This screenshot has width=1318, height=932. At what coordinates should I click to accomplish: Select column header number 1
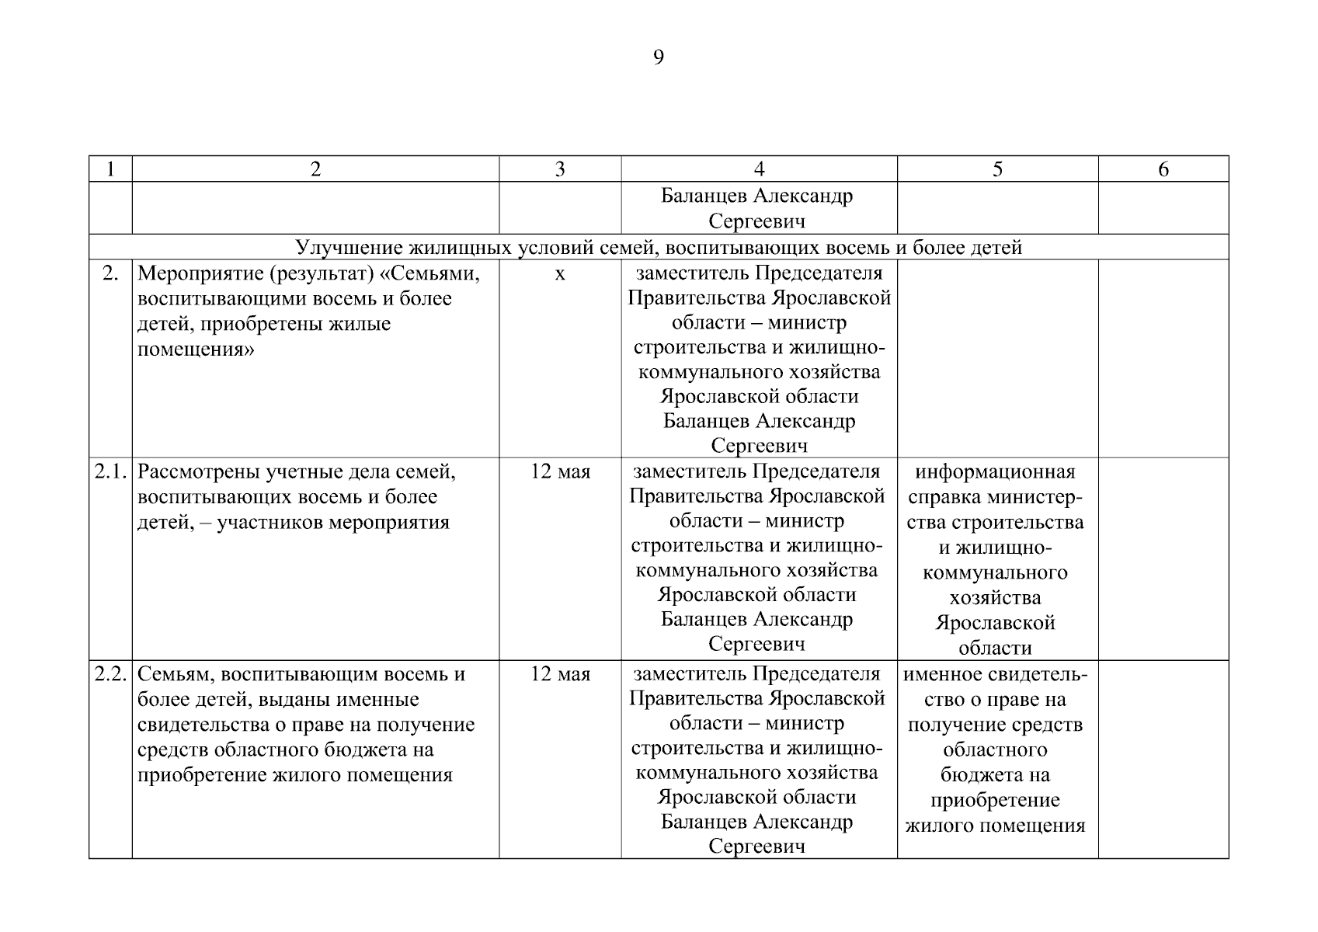pos(110,169)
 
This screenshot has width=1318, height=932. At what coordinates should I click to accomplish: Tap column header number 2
pos(315,169)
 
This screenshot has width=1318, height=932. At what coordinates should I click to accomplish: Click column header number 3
pos(560,169)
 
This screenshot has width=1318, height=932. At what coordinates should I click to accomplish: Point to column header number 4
pos(759,169)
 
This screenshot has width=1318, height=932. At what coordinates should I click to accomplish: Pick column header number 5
pos(997,169)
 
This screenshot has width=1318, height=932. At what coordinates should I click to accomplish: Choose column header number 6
pos(1163,169)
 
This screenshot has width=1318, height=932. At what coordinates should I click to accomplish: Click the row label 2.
pos(110,273)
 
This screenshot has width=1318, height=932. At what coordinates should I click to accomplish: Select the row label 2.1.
pos(111,472)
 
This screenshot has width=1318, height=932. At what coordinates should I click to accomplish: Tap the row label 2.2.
pos(111,674)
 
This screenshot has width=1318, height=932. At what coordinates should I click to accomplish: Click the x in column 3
pos(560,275)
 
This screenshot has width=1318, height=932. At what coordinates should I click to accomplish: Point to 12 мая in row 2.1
pos(560,472)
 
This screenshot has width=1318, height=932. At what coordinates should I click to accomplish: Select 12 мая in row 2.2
pos(560,674)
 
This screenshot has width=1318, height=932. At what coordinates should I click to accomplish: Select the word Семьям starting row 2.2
pos(171,674)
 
